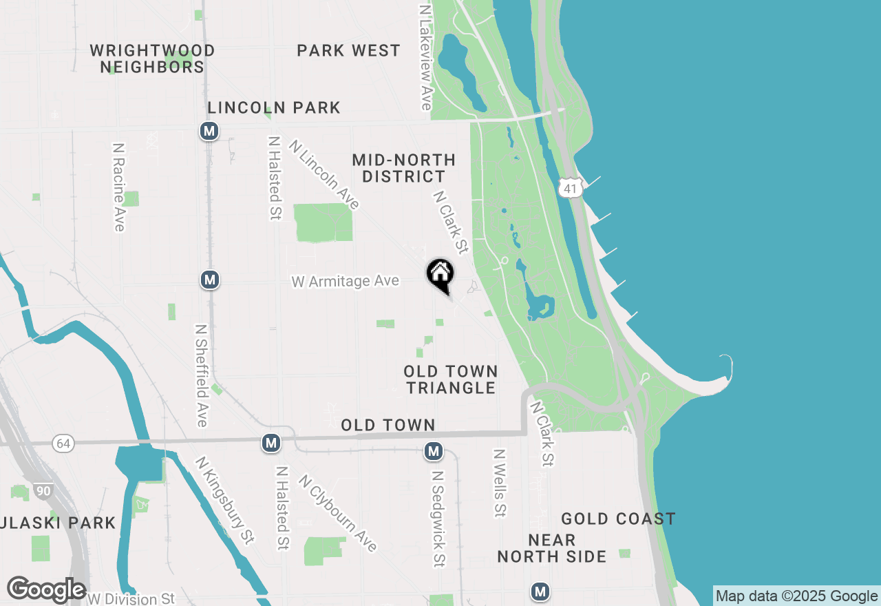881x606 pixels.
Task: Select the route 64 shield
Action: pos(64,443)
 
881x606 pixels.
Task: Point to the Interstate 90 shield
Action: pos(43,491)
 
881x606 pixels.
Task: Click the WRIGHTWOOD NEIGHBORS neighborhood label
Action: pos(152,59)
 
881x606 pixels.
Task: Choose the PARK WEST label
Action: pos(348,50)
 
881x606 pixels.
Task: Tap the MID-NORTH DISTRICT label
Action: pos(403,168)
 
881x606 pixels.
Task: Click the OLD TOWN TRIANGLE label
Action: pos(450,379)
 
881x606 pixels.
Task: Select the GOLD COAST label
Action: pos(618,519)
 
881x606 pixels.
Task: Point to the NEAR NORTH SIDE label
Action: pos(552,547)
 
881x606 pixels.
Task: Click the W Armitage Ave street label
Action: pos(345,281)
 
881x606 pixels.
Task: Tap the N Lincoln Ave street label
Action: pos(324,175)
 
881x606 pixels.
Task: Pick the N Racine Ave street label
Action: pos(119,187)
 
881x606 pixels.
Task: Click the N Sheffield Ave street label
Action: pos(202,375)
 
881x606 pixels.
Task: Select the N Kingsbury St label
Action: pos(225,498)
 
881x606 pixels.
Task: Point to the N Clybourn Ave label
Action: pos(338,513)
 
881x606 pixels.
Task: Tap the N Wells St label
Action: pos(500,483)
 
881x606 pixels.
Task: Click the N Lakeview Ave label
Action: pos(425,59)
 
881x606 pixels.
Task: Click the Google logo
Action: pos(46,590)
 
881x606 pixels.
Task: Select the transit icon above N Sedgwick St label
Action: pos(434,452)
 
